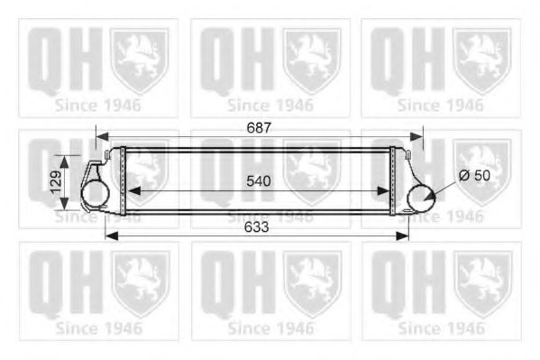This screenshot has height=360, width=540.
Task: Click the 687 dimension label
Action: pos(259,128)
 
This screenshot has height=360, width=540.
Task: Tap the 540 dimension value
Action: pos(259,180)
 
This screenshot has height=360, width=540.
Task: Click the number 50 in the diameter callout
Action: pos(484,176)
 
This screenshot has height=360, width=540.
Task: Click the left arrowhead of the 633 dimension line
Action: pos(110,236)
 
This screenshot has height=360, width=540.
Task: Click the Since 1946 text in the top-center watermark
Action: pos(270,105)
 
